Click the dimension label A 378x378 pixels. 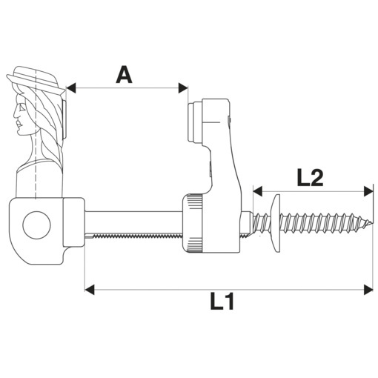(124, 74)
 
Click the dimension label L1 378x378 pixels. (222, 302)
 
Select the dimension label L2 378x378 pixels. (309, 177)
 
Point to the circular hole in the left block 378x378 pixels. (34, 224)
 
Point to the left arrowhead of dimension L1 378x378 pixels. (88, 287)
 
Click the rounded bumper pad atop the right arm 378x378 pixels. (195, 122)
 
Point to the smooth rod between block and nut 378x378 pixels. (133, 221)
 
